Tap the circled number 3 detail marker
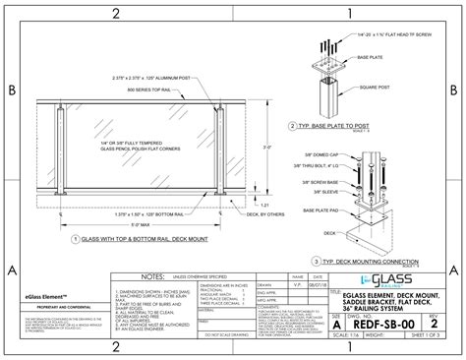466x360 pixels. [317, 261]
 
